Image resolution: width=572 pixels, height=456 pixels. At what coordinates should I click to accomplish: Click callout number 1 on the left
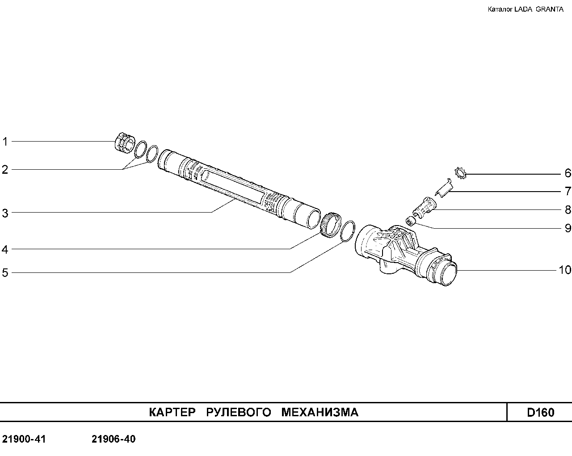[x=5, y=142]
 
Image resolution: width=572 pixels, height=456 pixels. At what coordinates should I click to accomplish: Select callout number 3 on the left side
[x=5, y=213]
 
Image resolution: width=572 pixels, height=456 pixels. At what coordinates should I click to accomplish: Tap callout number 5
[x=5, y=272]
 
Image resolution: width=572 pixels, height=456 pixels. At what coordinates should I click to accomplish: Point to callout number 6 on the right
[x=568, y=173]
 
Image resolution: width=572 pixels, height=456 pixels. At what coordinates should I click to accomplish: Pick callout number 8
[x=568, y=209]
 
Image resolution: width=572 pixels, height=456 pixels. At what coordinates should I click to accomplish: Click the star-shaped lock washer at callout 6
[x=460, y=173]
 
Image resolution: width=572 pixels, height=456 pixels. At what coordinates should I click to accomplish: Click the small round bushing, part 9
[x=410, y=221]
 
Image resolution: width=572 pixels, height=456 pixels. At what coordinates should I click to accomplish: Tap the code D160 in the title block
[x=540, y=412]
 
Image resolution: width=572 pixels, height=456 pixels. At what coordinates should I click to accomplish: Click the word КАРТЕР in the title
[x=172, y=412]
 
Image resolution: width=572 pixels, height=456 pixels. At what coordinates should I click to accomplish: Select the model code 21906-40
[x=114, y=439]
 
